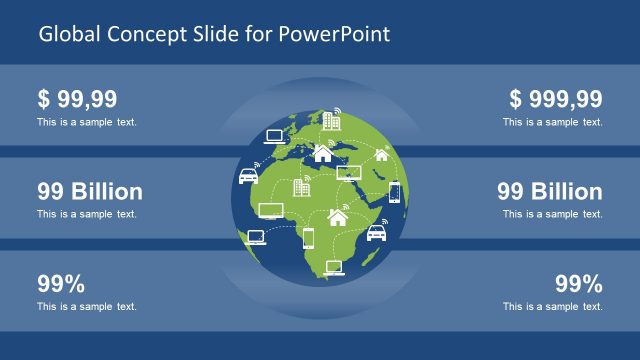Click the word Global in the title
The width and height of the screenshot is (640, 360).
(x=66, y=34)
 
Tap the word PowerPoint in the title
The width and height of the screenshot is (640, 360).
(x=343, y=34)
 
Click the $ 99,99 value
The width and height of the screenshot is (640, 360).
(x=77, y=99)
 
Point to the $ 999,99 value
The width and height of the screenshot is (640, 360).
(x=555, y=99)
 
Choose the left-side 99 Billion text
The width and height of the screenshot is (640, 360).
(x=89, y=191)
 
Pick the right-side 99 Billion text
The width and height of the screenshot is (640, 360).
(x=549, y=191)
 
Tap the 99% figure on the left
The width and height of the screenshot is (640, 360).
(x=61, y=283)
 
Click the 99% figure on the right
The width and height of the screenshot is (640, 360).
(x=578, y=283)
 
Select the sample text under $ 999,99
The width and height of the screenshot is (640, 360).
(x=552, y=122)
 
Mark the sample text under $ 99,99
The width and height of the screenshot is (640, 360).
(x=87, y=122)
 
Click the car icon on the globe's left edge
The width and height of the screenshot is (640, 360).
(x=248, y=176)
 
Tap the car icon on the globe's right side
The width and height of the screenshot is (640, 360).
(x=376, y=233)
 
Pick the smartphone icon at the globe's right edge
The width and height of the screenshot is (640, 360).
(x=394, y=191)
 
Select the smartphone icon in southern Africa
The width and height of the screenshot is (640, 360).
(x=308, y=237)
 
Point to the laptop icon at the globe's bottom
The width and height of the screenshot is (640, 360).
(x=334, y=266)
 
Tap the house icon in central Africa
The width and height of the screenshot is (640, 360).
(x=338, y=216)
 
